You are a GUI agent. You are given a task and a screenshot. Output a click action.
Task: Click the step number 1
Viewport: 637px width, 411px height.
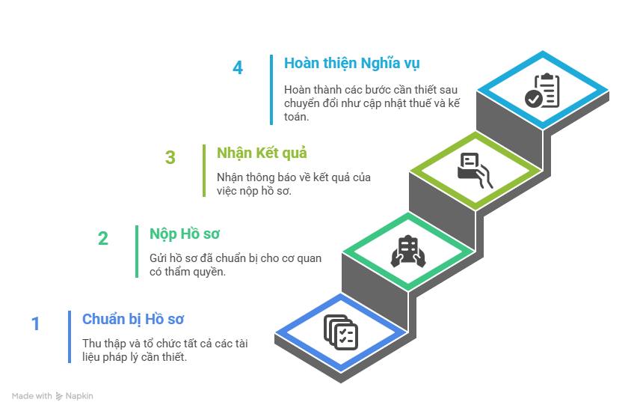(35, 324)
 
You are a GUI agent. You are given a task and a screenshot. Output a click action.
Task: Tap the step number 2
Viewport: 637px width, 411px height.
(103, 239)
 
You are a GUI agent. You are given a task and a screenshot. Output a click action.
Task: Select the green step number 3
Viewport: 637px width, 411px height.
(170, 157)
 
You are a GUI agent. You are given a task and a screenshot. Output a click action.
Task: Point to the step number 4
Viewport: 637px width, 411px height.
(238, 67)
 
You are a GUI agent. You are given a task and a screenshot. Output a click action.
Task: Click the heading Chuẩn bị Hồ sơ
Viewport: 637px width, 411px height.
(133, 319)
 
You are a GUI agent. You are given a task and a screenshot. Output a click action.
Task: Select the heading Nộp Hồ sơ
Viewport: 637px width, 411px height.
(185, 234)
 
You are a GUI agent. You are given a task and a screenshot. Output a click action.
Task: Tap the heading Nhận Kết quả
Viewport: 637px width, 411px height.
(262, 153)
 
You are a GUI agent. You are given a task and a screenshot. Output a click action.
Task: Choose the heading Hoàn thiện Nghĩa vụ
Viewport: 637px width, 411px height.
(352, 64)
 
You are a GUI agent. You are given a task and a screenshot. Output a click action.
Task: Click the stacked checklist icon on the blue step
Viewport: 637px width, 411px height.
(341, 332)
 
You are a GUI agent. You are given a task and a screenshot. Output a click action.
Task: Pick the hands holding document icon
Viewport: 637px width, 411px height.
(408, 251)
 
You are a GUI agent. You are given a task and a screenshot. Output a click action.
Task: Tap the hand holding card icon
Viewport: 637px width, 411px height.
(475, 171)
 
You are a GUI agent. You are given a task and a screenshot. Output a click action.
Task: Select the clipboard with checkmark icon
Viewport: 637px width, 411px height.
(542, 91)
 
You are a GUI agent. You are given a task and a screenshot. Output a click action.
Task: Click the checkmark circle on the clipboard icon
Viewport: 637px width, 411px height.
(533, 99)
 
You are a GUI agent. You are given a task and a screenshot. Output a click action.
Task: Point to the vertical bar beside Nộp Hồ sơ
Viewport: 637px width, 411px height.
(137, 252)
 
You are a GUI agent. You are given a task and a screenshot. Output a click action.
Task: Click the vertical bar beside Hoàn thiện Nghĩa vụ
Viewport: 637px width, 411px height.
(271, 90)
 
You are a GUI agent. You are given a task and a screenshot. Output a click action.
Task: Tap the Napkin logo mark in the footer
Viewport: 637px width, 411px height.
(59, 396)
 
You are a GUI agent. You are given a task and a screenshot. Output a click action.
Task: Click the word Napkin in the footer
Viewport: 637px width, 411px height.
(79, 396)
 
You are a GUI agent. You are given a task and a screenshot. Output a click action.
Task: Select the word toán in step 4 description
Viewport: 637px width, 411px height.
(296, 117)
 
